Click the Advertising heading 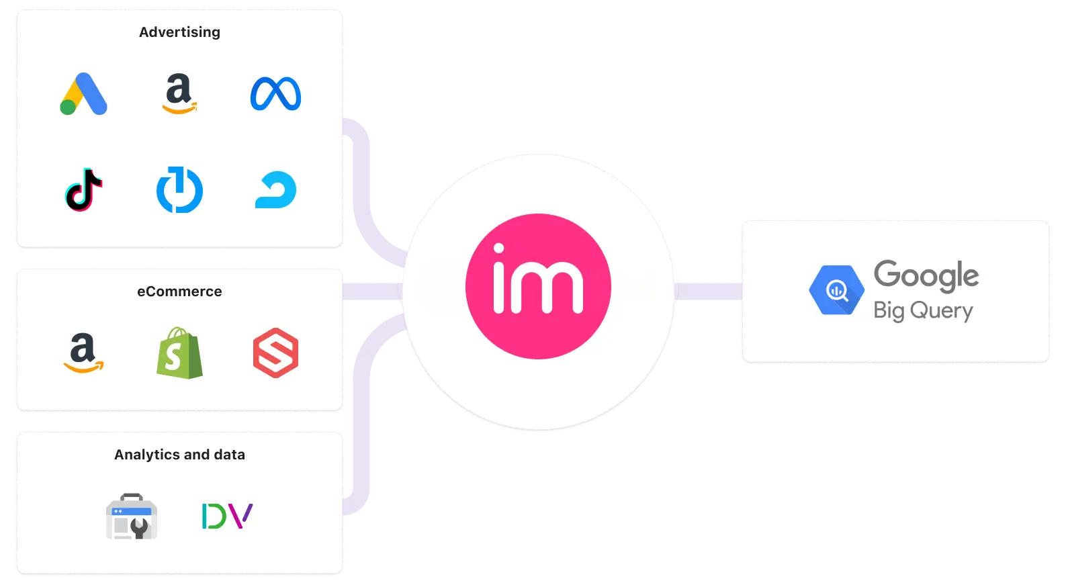pos(179,32)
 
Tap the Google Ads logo pos(84,94)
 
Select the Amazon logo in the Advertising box pos(179,94)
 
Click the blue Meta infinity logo pos(275,94)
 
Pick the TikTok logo pos(84,190)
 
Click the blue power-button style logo pos(179,191)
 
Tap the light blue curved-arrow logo pos(275,190)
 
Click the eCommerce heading pos(179,291)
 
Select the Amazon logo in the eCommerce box pos(84,353)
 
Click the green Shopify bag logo pos(179,353)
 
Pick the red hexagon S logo pos(275,353)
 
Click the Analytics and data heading pos(179,455)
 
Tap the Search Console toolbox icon pos(132,517)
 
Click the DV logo pos(227,516)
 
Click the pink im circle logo pos(538,286)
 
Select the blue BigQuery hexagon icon pos(836,291)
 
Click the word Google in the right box pos(926,275)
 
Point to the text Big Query pos(923,311)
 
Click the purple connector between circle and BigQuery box pos(708,291)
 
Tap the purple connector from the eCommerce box pos(372,291)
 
